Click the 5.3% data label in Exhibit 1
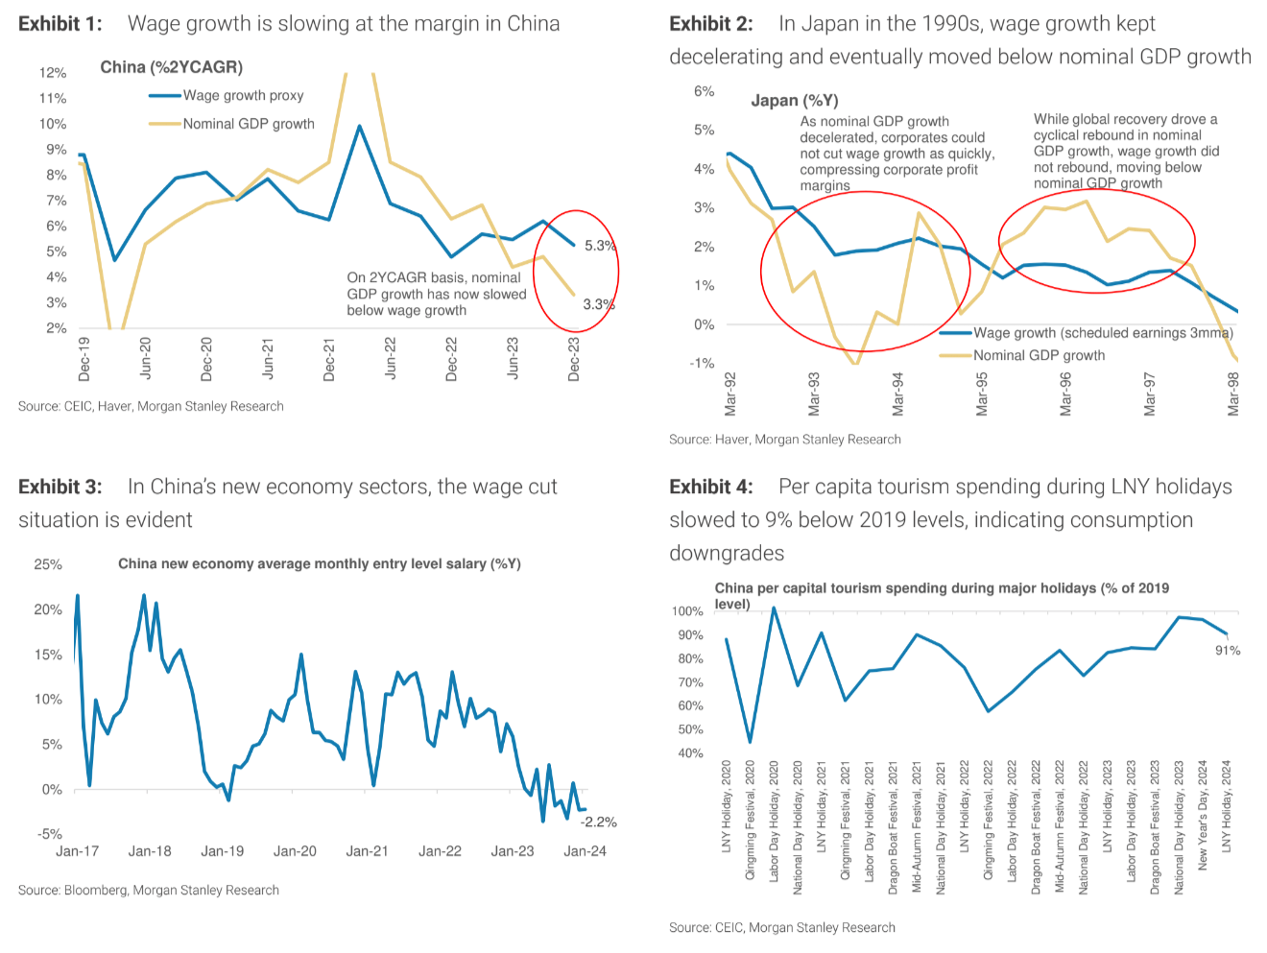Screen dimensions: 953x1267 click(x=600, y=246)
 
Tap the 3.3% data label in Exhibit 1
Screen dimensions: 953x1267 click(x=598, y=304)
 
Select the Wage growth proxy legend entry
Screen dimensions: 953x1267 click(x=243, y=95)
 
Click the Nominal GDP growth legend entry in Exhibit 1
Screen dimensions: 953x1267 click(x=249, y=124)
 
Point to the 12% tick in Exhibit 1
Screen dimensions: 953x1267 click(x=53, y=73)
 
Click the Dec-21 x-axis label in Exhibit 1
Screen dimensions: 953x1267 click(x=329, y=360)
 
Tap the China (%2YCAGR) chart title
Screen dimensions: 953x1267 click(x=172, y=67)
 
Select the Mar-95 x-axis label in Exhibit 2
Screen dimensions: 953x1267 click(x=982, y=394)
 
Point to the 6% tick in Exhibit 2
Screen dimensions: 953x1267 click(x=704, y=91)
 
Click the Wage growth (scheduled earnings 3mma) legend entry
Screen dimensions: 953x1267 click(x=1103, y=333)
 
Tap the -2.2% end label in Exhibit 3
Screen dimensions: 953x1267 click(x=599, y=822)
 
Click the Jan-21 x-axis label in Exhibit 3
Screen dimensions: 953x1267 click(x=367, y=851)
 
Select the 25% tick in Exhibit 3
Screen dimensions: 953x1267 click(x=48, y=564)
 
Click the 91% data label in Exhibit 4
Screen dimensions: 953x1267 click(x=1228, y=651)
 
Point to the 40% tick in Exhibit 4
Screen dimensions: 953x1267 click(x=690, y=753)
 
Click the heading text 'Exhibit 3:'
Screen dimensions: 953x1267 click(x=60, y=487)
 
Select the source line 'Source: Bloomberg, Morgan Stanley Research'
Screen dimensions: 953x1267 click(x=149, y=891)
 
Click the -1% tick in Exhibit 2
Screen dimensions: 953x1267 click(x=702, y=363)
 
